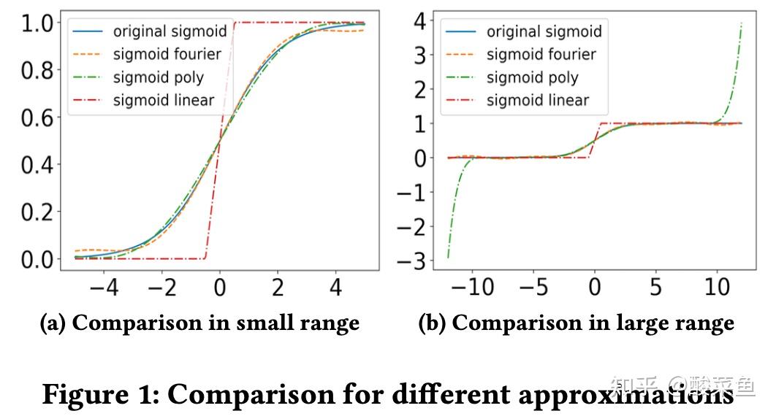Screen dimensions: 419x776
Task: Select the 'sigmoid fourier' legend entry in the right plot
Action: (541, 55)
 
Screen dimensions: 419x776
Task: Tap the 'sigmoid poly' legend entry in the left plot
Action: (159, 77)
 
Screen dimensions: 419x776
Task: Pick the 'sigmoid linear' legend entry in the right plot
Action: (537, 101)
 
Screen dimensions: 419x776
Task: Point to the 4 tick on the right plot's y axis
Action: (420, 21)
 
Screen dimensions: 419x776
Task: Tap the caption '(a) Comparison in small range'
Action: (199, 323)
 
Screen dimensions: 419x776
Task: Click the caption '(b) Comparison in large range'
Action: (576, 323)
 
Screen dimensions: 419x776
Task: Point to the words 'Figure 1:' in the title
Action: (99, 394)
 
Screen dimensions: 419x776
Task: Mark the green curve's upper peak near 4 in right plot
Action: (742, 23)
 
